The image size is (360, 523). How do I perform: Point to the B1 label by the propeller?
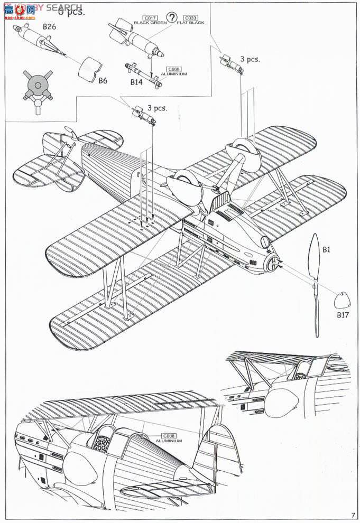tap(326, 249)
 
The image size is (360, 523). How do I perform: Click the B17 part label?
tap(344, 315)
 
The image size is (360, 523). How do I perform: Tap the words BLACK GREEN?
tap(150, 23)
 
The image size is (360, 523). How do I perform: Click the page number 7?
tap(353, 515)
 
